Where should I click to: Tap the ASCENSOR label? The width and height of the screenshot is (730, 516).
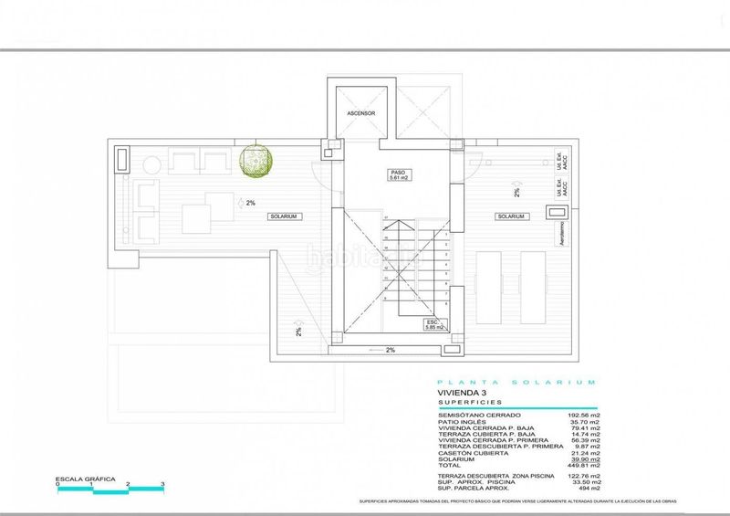(x=361, y=113)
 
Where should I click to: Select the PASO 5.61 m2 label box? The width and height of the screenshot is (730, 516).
(x=397, y=174)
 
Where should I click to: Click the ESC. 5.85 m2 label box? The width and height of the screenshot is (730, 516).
(x=433, y=325)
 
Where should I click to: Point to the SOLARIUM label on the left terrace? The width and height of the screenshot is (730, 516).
(x=283, y=216)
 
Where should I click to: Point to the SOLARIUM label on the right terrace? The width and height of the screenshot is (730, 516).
(x=510, y=216)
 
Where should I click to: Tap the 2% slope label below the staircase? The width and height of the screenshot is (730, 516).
(x=390, y=350)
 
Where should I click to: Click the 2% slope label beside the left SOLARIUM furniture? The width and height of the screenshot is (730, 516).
(x=248, y=203)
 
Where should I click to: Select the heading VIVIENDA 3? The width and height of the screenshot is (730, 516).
(x=462, y=393)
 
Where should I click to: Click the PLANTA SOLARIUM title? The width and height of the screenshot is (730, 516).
(x=516, y=382)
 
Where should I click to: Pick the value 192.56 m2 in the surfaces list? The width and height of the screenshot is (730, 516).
(x=582, y=415)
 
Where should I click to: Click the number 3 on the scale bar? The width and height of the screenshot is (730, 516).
(x=162, y=483)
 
